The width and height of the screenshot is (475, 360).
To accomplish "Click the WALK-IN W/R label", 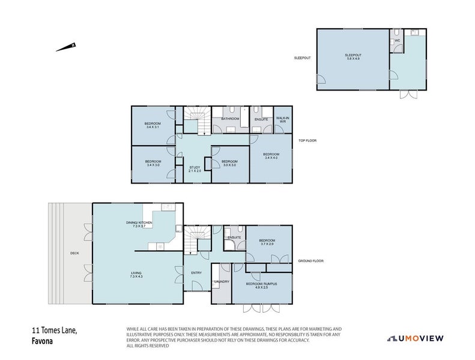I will coord(282,120).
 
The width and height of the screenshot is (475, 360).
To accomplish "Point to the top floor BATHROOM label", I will coord(230,119).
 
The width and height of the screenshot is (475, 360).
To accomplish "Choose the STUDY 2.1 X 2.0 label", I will coord(195,169).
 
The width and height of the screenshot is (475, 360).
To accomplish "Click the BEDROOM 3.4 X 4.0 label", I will coord(271,156).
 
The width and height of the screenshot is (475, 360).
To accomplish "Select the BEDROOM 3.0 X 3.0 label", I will coord(229,163).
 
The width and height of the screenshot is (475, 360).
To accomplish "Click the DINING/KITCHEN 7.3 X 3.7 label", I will coord(139,224).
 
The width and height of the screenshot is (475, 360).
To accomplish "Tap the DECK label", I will coord(74,253).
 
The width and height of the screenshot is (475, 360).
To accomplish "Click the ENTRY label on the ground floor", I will coord(196,273).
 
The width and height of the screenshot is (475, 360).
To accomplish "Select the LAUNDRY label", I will coord(222,281).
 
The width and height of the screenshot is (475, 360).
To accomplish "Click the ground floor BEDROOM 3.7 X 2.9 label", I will coord(267,242).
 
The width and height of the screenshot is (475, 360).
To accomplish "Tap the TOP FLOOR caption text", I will coord(307,141).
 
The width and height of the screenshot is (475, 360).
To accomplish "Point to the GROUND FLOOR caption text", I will coord(310,262).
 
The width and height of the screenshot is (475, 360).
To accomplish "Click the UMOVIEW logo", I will coord(415,338).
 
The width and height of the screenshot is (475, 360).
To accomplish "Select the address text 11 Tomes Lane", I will coord(55,330).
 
